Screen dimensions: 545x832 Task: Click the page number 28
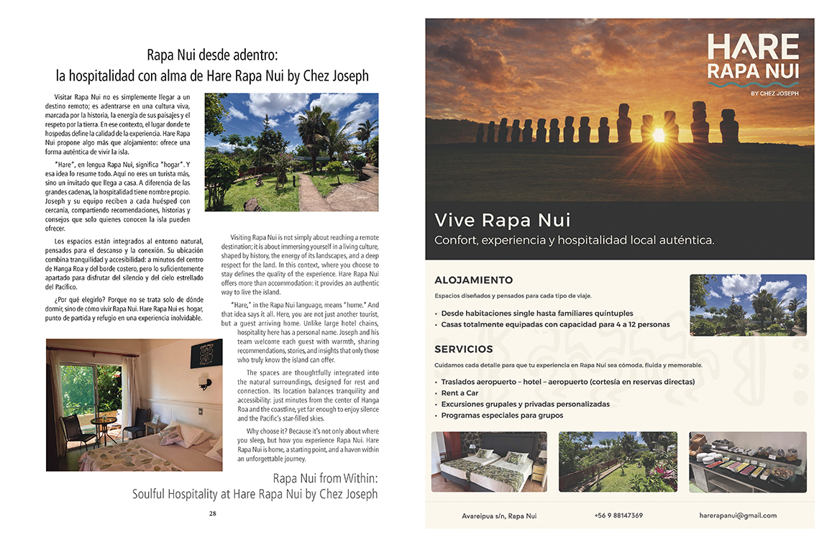[x=213, y=513]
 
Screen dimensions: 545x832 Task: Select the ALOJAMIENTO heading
[x=473, y=280]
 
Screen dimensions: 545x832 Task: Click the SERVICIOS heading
[x=464, y=349]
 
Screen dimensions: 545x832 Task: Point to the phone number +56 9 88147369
[x=618, y=516]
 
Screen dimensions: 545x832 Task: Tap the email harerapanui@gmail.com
[x=738, y=516]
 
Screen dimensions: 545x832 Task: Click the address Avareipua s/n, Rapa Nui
[x=499, y=516]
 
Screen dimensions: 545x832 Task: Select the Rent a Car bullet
[x=460, y=393]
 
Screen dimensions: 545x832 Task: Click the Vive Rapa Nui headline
[x=503, y=219]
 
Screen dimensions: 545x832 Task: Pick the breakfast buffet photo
[x=747, y=462]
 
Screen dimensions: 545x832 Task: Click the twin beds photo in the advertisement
[x=489, y=462]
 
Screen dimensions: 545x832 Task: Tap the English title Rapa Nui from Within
[x=325, y=478]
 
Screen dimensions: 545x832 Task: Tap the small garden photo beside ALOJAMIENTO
[x=748, y=305]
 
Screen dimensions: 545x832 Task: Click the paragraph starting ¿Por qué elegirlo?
[x=128, y=308]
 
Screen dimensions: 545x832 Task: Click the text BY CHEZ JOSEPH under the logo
[x=774, y=93]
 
